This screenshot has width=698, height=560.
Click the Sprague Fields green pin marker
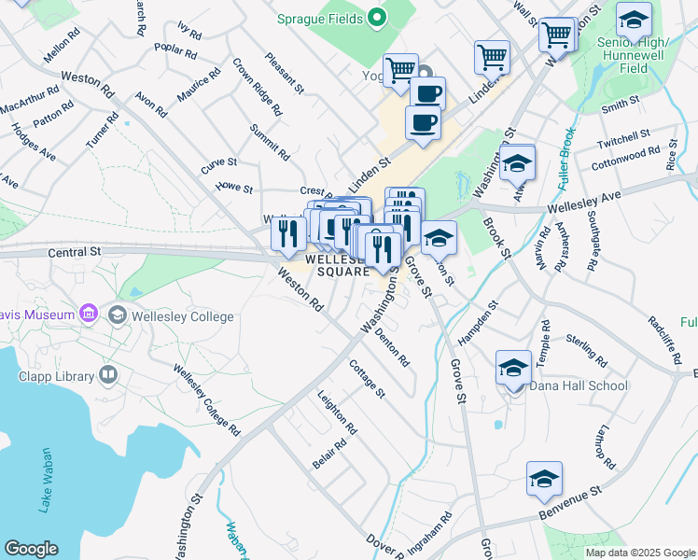coord(377,18)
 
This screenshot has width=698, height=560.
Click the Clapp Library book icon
coord(108,375)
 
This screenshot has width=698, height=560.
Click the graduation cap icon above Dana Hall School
coord(513,368)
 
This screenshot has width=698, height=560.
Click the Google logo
coord(31,549)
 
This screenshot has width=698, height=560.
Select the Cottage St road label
coord(367,379)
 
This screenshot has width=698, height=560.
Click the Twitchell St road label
coord(623,139)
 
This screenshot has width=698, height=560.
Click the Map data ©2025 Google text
coord(639,552)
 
